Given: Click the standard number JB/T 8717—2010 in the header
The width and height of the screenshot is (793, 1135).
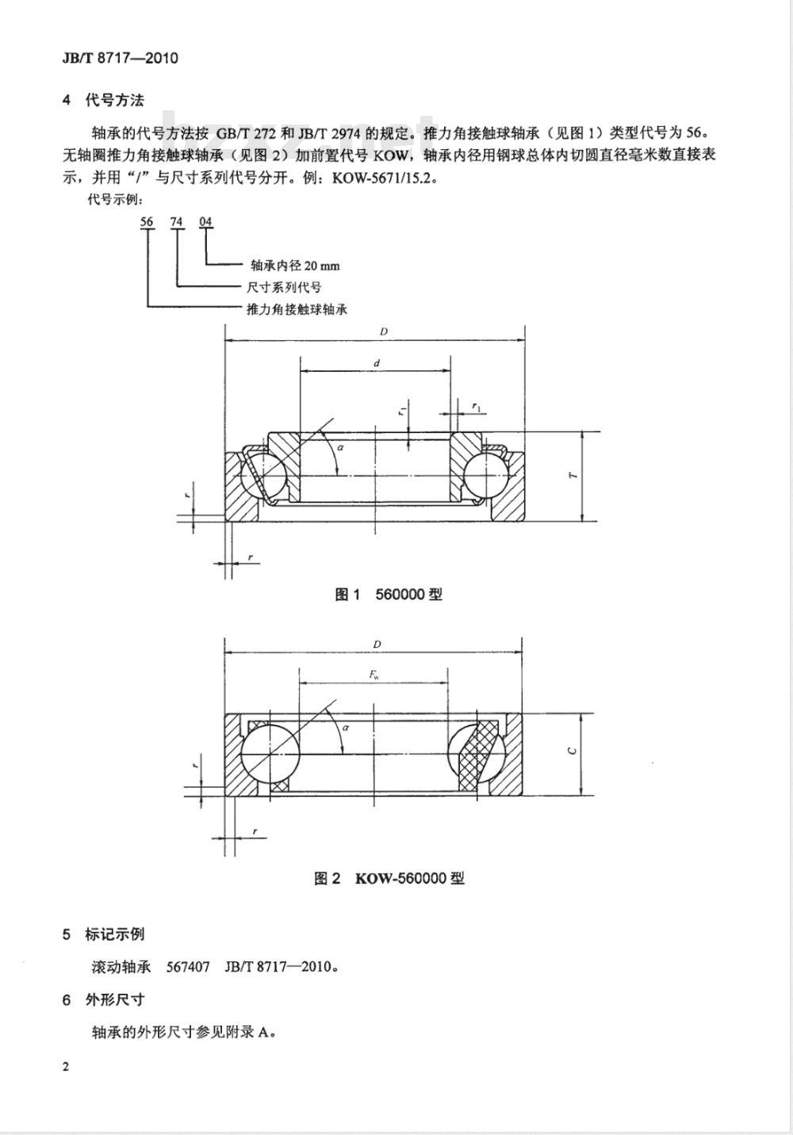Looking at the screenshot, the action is click(120, 58).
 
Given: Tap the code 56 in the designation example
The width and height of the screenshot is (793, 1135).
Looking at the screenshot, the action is click(147, 221).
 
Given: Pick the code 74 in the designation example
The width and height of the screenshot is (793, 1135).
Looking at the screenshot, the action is click(176, 221).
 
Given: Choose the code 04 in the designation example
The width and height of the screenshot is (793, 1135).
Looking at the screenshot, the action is click(205, 221).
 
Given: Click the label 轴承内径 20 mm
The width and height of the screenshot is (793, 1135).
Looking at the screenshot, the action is click(296, 265).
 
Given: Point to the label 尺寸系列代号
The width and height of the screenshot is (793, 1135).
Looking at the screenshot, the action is click(284, 287).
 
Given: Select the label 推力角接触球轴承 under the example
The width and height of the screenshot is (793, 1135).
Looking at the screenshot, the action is click(297, 309).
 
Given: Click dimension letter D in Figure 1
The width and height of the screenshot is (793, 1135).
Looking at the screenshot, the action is click(384, 332).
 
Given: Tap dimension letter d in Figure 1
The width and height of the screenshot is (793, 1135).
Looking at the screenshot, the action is click(377, 362).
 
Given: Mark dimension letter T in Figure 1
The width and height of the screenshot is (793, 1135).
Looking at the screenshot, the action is click(573, 475).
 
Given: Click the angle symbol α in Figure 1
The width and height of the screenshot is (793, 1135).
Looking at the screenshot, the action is click(340, 447).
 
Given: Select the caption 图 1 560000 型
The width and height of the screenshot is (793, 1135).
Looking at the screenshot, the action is click(389, 594).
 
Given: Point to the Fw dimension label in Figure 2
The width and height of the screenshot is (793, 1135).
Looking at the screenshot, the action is click(374, 675).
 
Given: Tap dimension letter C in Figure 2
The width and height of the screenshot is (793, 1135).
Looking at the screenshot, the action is click(573, 751).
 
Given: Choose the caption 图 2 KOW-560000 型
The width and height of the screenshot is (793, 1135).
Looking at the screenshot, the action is click(389, 878).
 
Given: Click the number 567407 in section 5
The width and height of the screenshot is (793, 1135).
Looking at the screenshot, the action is click(188, 967).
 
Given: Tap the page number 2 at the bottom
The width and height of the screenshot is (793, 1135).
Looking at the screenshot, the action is click(66, 1067).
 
